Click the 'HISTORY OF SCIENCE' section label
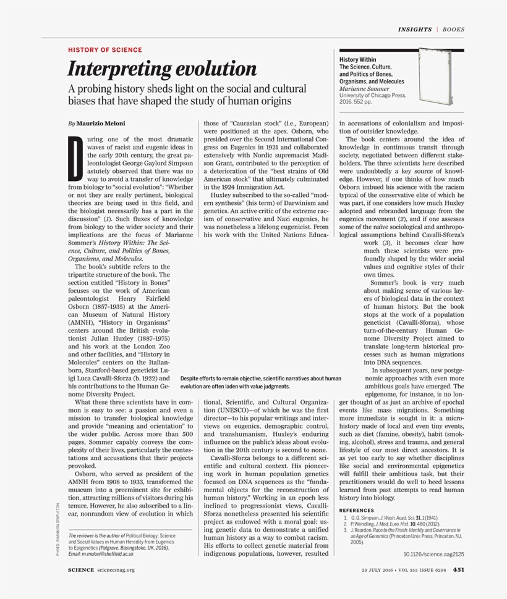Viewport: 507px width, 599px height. pyautogui.click(x=105, y=50)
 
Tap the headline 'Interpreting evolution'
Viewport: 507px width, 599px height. pyautogui.click(x=162, y=69)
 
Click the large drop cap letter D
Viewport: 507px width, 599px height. pyautogui.click(x=75, y=156)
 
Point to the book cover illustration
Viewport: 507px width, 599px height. pyautogui.click(x=440, y=78)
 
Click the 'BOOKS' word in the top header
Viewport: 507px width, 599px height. pyautogui.click(x=454, y=29)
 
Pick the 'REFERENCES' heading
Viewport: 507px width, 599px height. pyautogui.click(x=357, y=510)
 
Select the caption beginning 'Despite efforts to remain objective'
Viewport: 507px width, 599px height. pyautogui.click(x=260, y=382)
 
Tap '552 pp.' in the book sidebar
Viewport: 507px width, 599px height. pyautogui.click(x=365, y=103)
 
